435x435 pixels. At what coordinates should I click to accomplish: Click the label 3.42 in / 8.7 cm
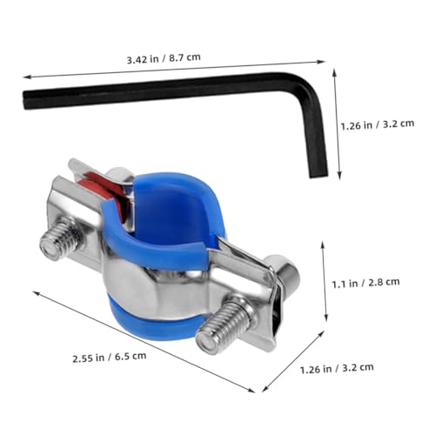[164, 58]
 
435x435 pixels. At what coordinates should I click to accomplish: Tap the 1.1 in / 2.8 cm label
[365, 283]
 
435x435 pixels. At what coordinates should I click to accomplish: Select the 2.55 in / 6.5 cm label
[110, 357]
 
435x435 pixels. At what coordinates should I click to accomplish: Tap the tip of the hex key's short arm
[319, 175]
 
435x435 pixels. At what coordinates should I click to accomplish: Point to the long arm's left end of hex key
[25, 100]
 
